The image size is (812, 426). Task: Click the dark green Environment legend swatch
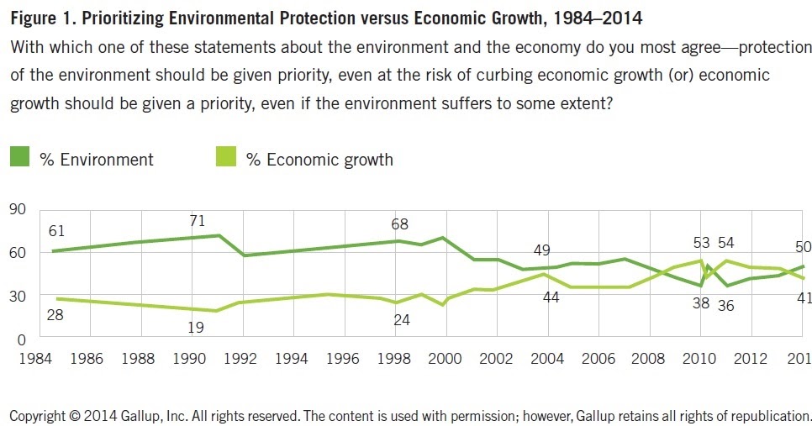coord(19,158)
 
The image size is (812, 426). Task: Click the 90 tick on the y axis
coord(18,208)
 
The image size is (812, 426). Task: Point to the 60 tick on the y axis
coord(18,252)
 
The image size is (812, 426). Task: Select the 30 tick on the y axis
coord(18,296)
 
